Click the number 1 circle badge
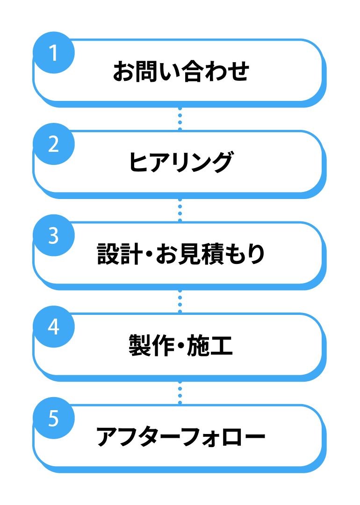point(54,52)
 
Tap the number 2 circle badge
point(54,144)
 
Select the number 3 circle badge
point(54,235)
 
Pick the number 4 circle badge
point(54,327)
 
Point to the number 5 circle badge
point(54,418)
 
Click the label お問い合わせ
point(181,71)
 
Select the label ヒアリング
point(180,162)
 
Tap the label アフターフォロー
point(180,437)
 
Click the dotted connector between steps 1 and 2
point(180,119)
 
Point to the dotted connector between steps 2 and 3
point(180,210)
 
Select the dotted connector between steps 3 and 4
point(180,301)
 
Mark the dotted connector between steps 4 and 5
point(180,392)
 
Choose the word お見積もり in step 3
point(210,254)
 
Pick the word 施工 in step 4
point(210,345)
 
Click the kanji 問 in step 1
point(147,71)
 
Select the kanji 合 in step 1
point(193,71)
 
